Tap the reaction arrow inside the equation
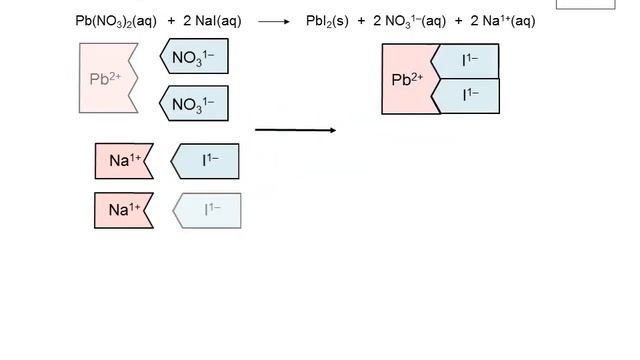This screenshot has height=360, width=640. tap(273, 21)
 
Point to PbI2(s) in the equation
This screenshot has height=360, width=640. tap(328, 21)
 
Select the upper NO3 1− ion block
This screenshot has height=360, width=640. tap(197, 58)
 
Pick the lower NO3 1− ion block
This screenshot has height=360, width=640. tap(197, 103)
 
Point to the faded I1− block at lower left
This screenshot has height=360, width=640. tap(210, 210)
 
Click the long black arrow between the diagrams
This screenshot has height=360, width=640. tap(296, 130)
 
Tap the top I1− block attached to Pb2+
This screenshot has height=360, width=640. tap(469, 61)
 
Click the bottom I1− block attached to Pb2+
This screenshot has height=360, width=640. tap(469, 96)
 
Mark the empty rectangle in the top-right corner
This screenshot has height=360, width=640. tap(586, 4)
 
